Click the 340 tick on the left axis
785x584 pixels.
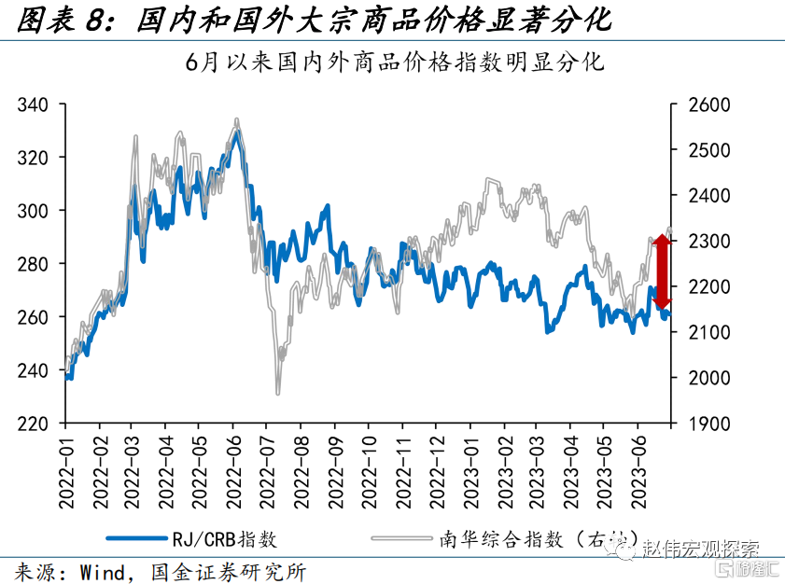(x=35, y=104)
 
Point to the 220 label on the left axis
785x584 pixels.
(x=35, y=424)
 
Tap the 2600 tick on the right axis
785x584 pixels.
(x=708, y=104)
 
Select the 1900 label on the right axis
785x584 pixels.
(x=708, y=424)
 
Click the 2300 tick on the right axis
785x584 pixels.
(x=708, y=241)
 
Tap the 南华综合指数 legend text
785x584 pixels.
(x=499, y=538)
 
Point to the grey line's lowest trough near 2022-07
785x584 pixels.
(x=277, y=394)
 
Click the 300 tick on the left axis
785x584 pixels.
(x=35, y=211)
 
